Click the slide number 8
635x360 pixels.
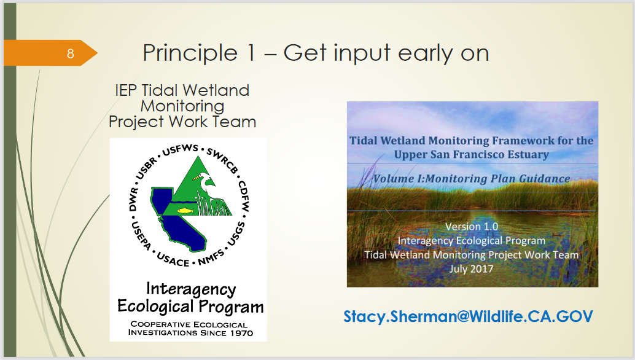71,53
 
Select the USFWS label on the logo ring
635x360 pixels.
180,150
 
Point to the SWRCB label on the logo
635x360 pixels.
222,160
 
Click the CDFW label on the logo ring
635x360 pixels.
243,197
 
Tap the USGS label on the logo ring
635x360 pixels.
236,234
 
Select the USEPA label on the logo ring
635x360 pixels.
141,235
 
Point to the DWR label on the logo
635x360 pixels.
133,199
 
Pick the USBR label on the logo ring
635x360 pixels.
146,168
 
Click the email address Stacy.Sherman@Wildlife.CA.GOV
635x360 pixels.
468,316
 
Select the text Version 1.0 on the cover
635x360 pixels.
472,226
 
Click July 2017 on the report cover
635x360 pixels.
472,269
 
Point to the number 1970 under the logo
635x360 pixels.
242,333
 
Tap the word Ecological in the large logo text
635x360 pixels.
155,307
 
